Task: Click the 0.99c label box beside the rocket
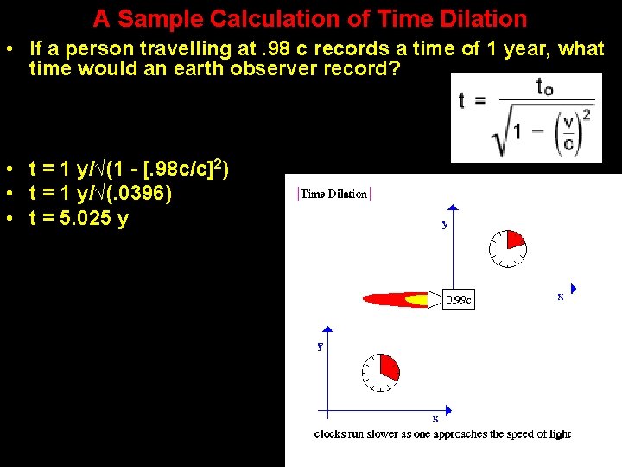click(458, 300)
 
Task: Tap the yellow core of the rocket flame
click(416, 300)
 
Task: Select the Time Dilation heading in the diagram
click(333, 194)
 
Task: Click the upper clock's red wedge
click(516, 240)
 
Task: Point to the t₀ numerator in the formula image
click(544, 86)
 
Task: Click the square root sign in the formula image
click(500, 134)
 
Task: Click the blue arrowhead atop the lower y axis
click(327, 329)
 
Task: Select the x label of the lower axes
click(435, 419)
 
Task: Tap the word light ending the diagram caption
click(558, 434)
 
